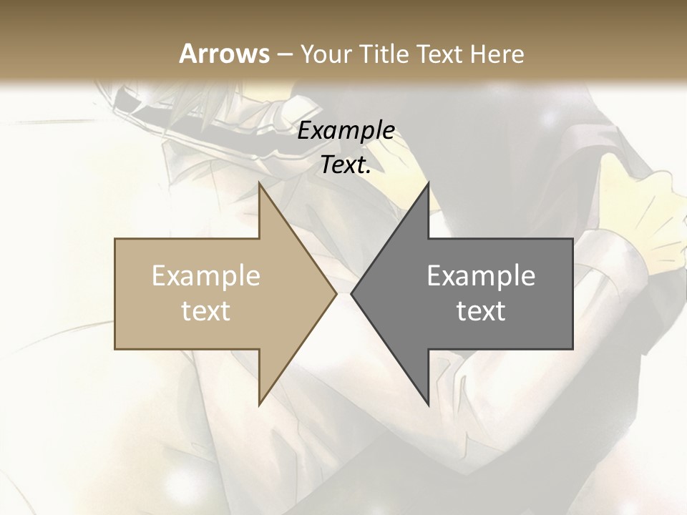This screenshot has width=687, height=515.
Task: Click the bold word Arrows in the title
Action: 225,54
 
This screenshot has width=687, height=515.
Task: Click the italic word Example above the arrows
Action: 346,131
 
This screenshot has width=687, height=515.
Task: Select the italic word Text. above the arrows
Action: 346,165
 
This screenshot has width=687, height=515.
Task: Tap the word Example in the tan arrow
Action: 206,276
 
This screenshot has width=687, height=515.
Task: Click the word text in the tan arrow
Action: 206,311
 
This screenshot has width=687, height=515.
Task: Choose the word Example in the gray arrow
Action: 481,276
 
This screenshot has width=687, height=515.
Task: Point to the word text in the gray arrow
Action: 481,311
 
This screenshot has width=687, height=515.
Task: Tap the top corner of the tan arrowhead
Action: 260,185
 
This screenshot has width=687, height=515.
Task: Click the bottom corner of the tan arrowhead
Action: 260,403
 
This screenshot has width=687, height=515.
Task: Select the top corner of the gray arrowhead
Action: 428,185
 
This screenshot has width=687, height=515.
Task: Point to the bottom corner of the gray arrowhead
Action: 428,403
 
